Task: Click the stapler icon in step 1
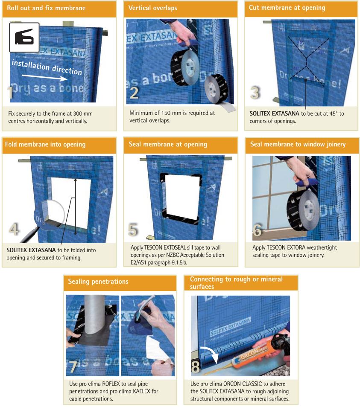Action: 24,37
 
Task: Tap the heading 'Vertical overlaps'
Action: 152,8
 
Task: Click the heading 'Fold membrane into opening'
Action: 45,144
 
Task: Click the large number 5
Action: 133,230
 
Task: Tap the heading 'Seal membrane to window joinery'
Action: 298,144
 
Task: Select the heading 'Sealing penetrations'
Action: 98,282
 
